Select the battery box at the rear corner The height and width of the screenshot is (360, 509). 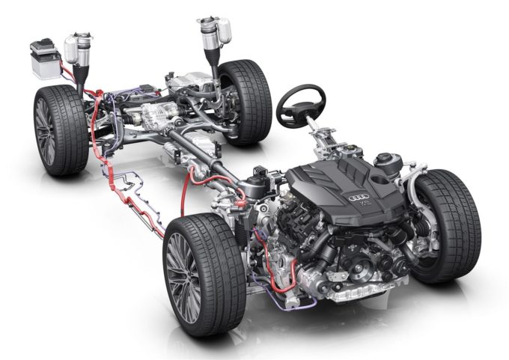click(44, 59)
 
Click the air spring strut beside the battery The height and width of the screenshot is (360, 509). click(78, 52)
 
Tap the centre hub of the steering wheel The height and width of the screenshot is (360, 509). click(299, 110)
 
